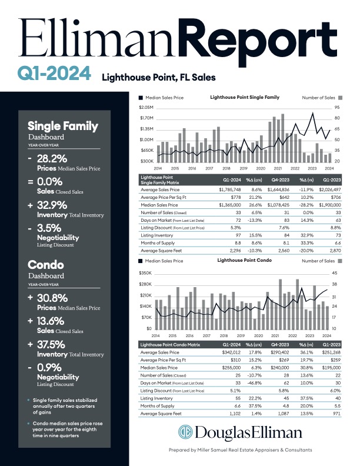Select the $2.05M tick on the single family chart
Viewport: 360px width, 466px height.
click(x=146, y=108)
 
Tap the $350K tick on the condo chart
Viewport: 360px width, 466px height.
click(x=146, y=274)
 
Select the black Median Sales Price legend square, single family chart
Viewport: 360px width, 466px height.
click(x=141, y=98)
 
